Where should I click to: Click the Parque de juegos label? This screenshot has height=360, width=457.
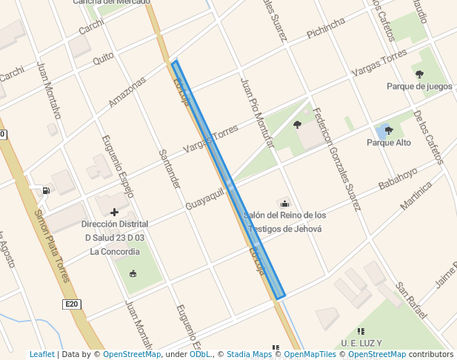(419, 86)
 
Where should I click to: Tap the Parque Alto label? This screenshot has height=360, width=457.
(389, 143)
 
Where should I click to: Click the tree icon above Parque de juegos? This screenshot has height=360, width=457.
(419, 73)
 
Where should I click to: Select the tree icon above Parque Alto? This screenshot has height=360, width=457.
(389, 130)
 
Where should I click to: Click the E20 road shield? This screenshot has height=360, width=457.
(71, 304)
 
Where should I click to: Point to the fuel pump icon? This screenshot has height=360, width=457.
(46, 190)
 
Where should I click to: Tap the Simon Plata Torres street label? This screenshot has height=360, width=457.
(52, 245)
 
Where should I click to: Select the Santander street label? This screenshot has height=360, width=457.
(170, 169)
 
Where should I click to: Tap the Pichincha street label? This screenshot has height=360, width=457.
(326, 29)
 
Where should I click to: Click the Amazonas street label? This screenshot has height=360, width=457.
(127, 93)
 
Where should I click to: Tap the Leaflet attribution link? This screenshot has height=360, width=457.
(41, 355)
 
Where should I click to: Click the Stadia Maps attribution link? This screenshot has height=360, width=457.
(249, 355)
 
